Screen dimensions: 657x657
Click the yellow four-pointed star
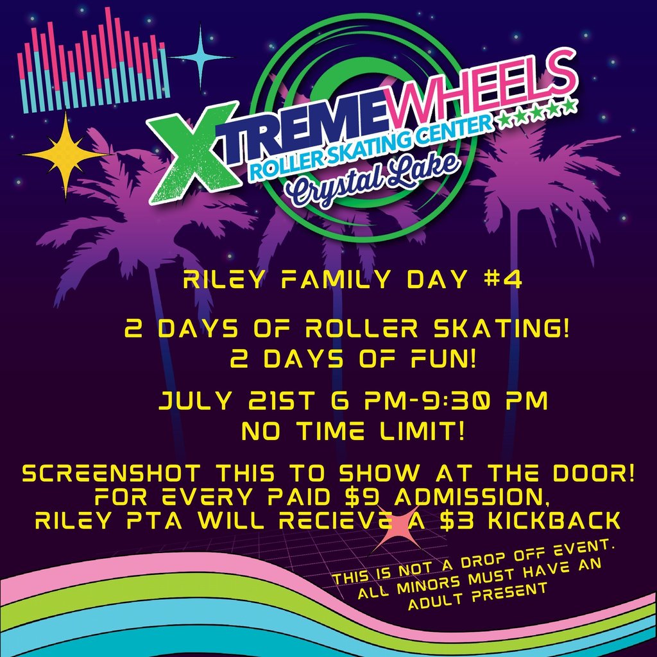click(x=65, y=155)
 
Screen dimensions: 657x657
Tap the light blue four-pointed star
click(x=200, y=57)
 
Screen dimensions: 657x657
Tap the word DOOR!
click(x=593, y=474)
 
